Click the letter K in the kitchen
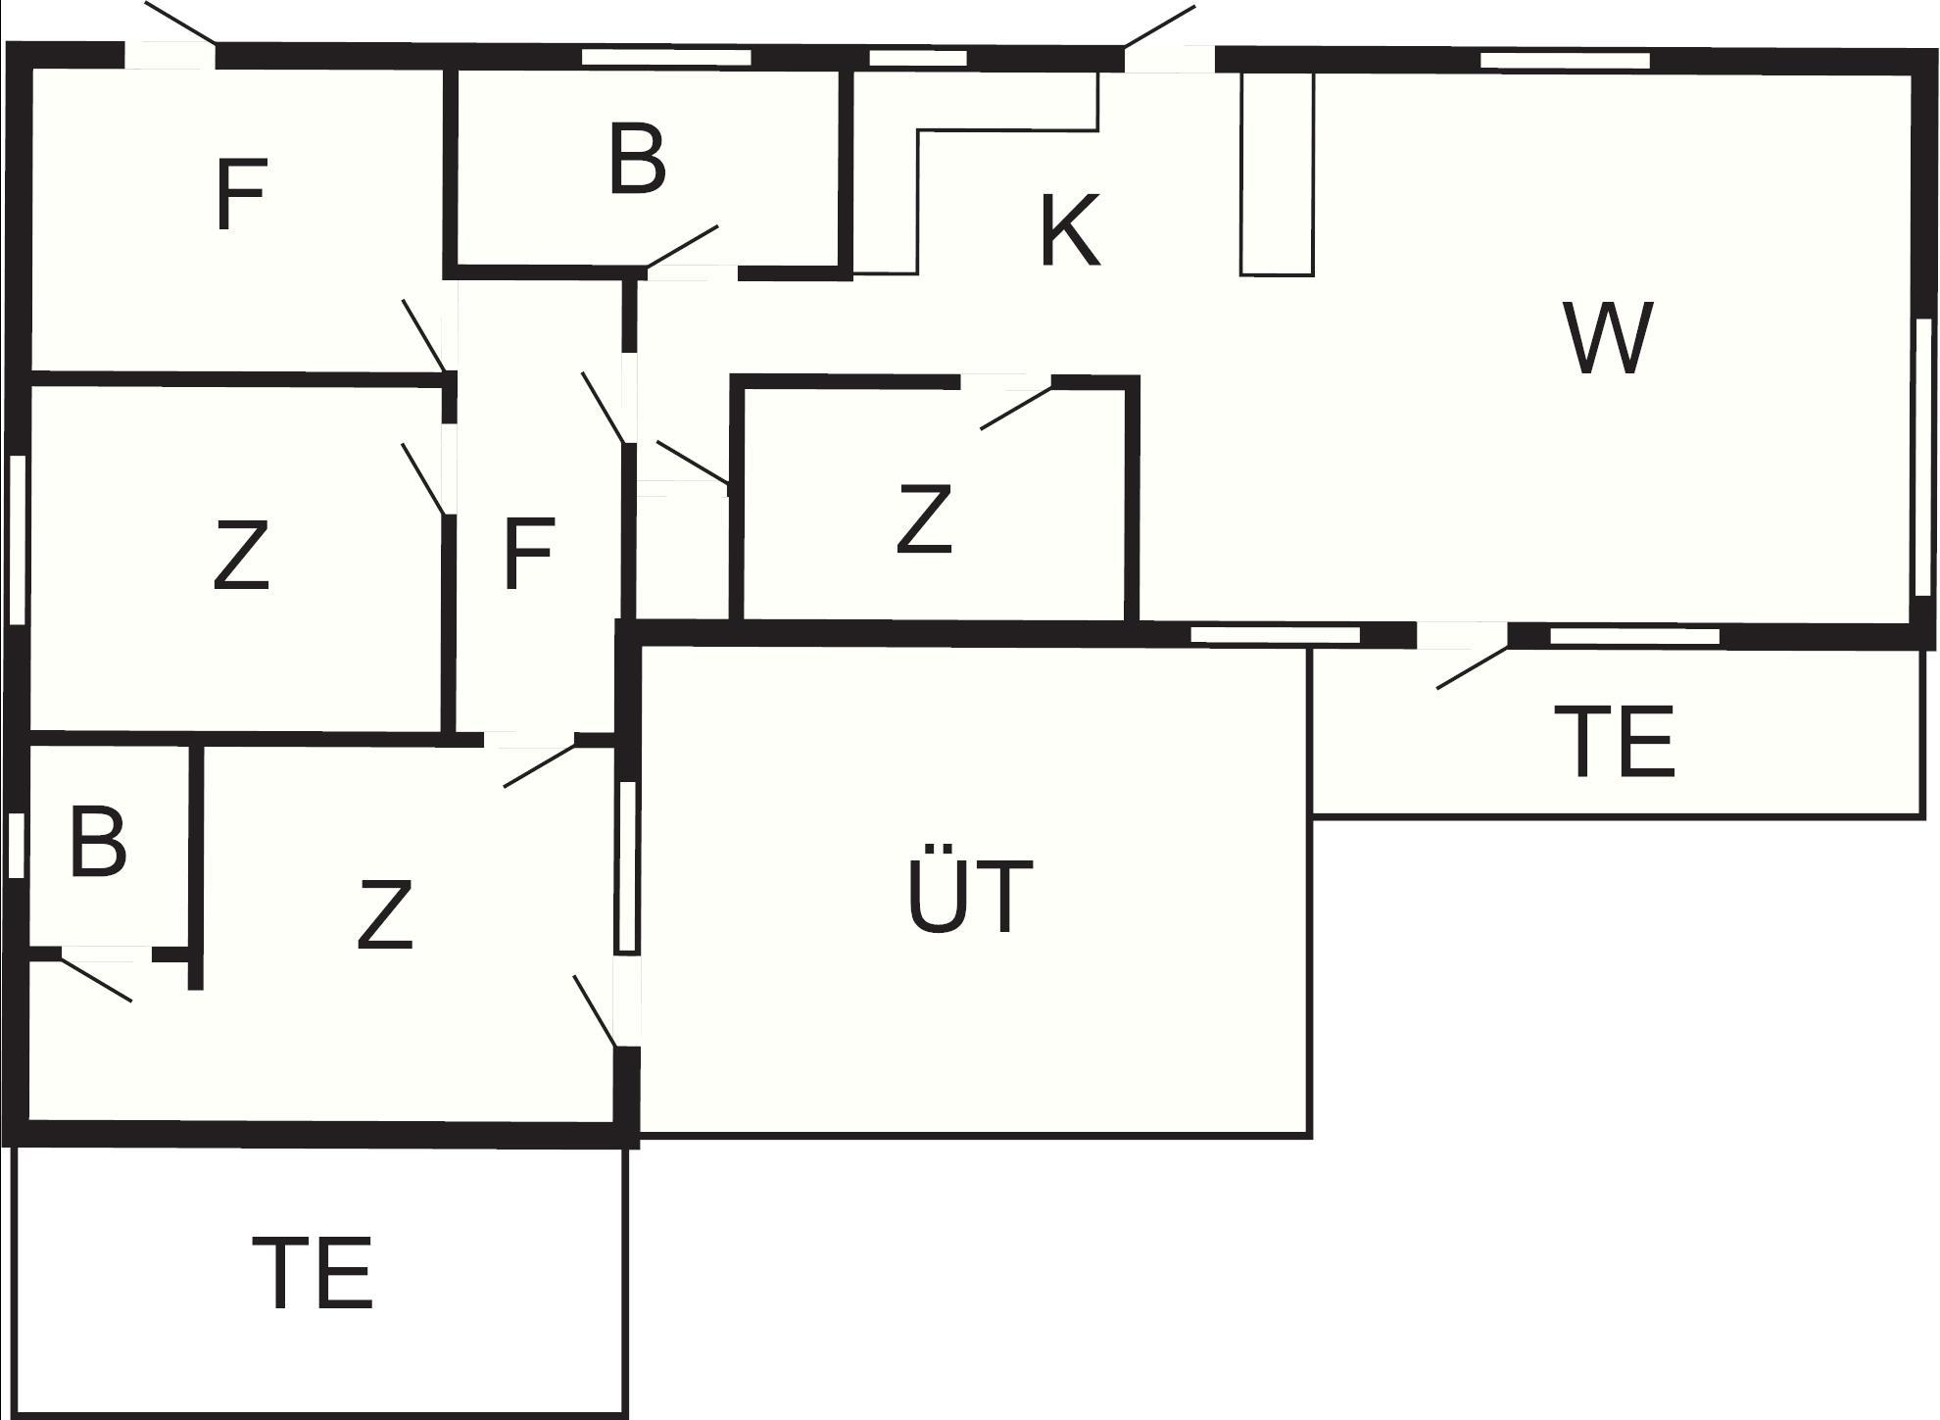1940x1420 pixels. click(x=1069, y=231)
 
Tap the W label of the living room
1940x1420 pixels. click(x=1609, y=338)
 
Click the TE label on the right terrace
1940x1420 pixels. click(x=1614, y=742)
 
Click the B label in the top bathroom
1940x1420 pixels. click(x=637, y=159)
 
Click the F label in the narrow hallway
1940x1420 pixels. click(x=529, y=555)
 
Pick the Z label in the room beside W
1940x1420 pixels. click(x=924, y=519)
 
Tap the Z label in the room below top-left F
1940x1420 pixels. click(x=240, y=556)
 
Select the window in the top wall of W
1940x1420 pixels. click(x=1565, y=61)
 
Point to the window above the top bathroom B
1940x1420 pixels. click(x=666, y=57)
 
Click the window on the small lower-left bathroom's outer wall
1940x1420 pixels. click(x=16, y=845)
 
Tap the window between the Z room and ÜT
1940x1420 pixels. click(x=627, y=866)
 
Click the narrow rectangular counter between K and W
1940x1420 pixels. click(x=1277, y=173)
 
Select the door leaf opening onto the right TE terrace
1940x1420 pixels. click(x=1472, y=667)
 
